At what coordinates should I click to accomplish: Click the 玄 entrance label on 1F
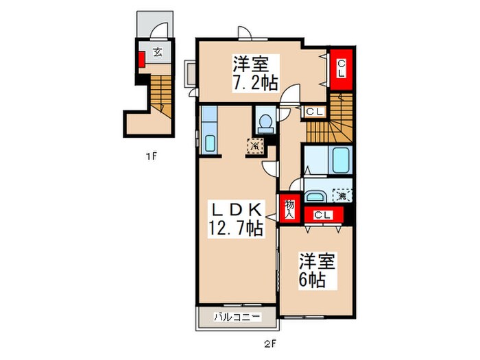coord(157,51)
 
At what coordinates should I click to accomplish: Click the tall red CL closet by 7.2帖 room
coord(341,69)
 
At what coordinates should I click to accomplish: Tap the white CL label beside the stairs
coord(315,111)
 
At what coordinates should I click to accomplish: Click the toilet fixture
coord(264,122)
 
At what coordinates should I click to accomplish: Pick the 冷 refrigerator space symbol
coord(255,145)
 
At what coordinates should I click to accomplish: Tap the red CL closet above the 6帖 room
coord(324,215)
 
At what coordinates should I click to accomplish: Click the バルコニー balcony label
coord(237,317)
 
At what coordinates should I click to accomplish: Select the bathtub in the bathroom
coord(340,161)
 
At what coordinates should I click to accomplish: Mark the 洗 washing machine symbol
coord(341,195)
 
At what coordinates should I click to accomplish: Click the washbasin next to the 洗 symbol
coord(317,194)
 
